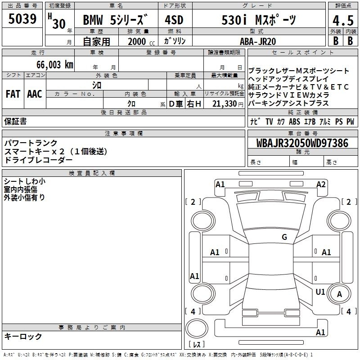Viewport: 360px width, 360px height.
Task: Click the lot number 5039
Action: [22, 19]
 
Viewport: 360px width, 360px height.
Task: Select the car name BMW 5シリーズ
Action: [115, 20]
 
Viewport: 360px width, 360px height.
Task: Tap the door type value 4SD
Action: [175, 20]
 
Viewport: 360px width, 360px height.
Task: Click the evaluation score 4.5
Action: [342, 21]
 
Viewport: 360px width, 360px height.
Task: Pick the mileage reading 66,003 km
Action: [51, 64]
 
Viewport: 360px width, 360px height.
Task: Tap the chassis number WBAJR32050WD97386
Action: [302, 143]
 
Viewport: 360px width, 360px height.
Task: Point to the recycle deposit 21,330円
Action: [228, 104]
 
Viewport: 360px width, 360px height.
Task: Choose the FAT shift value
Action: [13, 94]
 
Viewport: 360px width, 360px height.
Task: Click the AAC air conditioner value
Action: [35, 94]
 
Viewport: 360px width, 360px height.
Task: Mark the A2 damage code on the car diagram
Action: [321, 184]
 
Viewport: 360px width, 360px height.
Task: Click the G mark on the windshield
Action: [284, 237]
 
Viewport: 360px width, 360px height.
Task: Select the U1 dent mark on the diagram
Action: [320, 292]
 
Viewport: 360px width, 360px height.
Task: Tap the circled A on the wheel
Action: [340, 294]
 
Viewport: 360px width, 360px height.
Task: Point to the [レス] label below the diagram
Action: [197, 345]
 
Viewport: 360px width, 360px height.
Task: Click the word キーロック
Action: [23, 336]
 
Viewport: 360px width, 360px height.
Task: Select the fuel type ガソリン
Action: [175, 41]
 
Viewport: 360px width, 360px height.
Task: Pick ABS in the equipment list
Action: [295, 121]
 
